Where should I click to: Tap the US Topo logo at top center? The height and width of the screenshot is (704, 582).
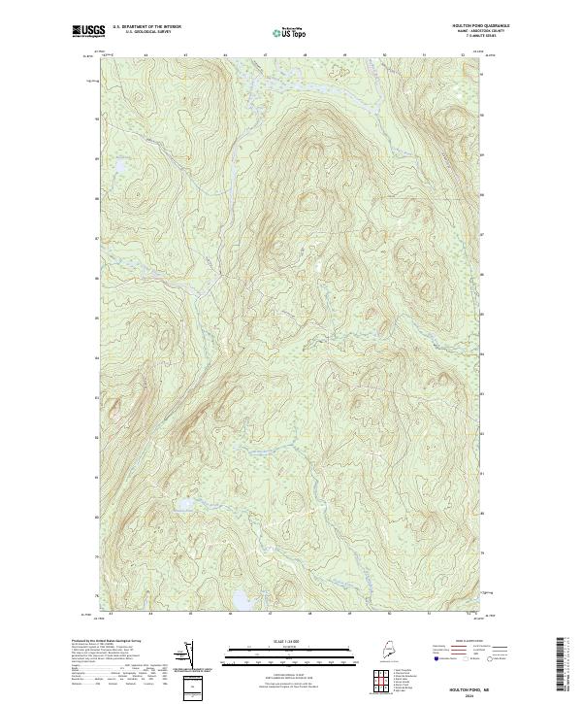[291, 32]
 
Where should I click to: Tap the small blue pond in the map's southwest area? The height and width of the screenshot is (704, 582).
[181, 504]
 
